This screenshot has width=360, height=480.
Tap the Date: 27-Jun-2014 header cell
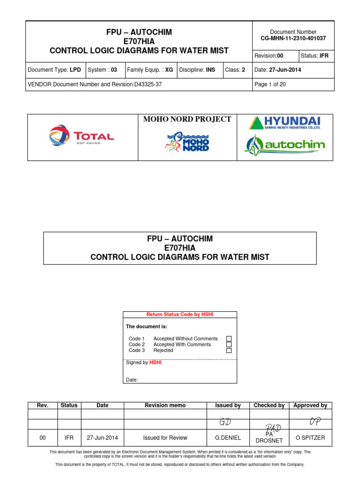coord(277,70)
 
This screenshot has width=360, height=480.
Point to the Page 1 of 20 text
coord(270,84)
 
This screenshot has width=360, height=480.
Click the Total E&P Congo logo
coord(82,136)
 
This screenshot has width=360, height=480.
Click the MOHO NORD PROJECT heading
coord(187,119)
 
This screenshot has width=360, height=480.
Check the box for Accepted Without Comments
coord(229,338)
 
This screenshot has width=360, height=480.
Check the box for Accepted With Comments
coord(229,345)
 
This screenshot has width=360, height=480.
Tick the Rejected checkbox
coord(229,350)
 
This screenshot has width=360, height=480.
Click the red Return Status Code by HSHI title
coord(180,315)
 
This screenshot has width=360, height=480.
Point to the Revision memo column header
coord(165,405)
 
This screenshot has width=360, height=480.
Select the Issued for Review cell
coord(165,438)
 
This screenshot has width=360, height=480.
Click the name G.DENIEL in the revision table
coord(228,438)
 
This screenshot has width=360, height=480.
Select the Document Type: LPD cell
coord(54,70)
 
